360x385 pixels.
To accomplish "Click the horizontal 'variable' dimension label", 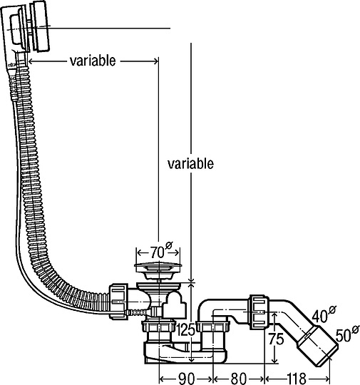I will pyautogui.click(x=92, y=61).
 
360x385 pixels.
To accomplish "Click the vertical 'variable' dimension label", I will pyautogui.click(x=190, y=163).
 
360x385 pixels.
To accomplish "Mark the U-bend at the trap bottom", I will pyautogui.click(x=178, y=354).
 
